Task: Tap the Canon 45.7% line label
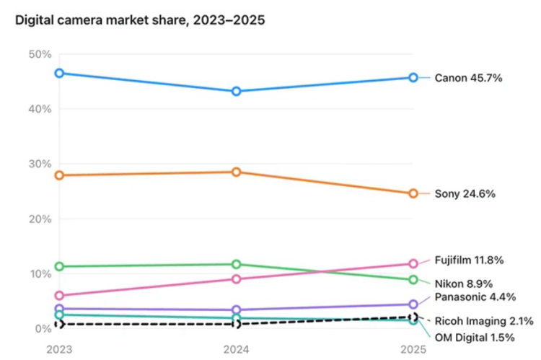coord(468,78)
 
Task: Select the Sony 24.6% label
coord(465,193)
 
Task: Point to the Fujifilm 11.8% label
coord(469,260)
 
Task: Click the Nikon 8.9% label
coord(463,284)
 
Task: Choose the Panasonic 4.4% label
coord(475,297)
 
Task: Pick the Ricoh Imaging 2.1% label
coord(484,321)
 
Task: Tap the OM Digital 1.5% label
coord(475,338)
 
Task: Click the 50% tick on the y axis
coord(40,54)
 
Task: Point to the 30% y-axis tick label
coord(40,164)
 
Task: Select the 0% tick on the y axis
coord(43,328)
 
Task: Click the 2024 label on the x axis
coord(236,350)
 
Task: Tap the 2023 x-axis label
coord(59,350)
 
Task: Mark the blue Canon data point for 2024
coord(236,92)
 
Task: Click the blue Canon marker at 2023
coord(59,73)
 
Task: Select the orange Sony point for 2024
coord(236,172)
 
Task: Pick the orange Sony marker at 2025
coord(413,193)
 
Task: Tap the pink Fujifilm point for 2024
coord(236,279)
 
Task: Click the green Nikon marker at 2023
coord(59,266)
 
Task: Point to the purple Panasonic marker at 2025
coord(413,304)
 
